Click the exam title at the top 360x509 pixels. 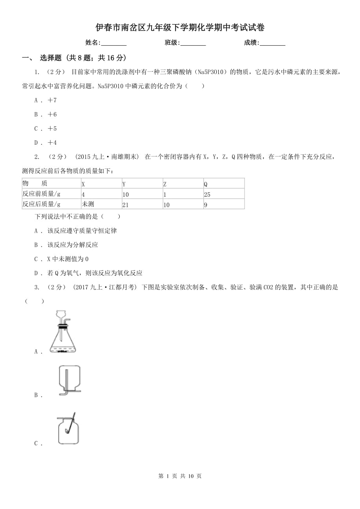pos(180,27)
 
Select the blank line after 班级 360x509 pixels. pos(193,43)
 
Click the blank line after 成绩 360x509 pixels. pos(272,43)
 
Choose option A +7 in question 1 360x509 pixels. pos(46,100)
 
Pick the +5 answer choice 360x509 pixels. pos(46,129)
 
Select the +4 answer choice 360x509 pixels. pos(46,143)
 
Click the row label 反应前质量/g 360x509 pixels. pos(41,194)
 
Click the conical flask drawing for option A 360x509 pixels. pos(63,332)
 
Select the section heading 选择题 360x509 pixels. pos(50,58)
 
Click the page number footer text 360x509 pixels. pos(180,476)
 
